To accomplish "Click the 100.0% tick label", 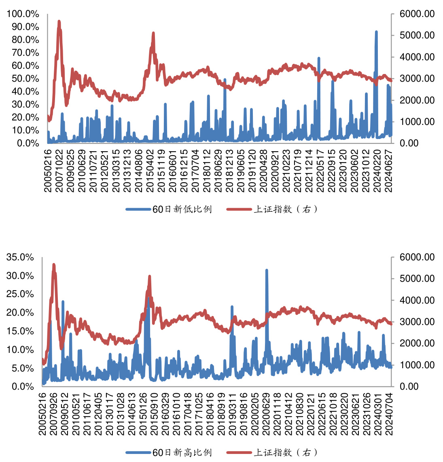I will pyautogui.click(x=23, y=14).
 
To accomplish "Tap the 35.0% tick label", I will pyautogui.click(x=20, y=257).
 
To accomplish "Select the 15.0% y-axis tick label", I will pyautogui.click(x=20, y=331).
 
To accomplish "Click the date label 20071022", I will pyautogui.click(x=59, y=171).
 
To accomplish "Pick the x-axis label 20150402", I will pyautogui.click(x=150, y=171).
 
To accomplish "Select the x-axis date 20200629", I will pyautogui.click(x=266, y=414).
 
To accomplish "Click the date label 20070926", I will pyautogui.click(x=54, y=414).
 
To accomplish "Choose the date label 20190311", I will pyautogui.click(x=232, y=414).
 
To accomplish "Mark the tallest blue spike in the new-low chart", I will pyautogui.click(x=376, y=32).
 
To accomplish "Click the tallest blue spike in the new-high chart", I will pyautogui.click(x=267, y=270).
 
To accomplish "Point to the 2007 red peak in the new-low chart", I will pyautogui.click(x=59, y=21).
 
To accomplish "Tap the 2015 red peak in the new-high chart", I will pyautogui.click(x=150, y=277).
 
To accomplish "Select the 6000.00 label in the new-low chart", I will pyautogui.click(x=417, y=14).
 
